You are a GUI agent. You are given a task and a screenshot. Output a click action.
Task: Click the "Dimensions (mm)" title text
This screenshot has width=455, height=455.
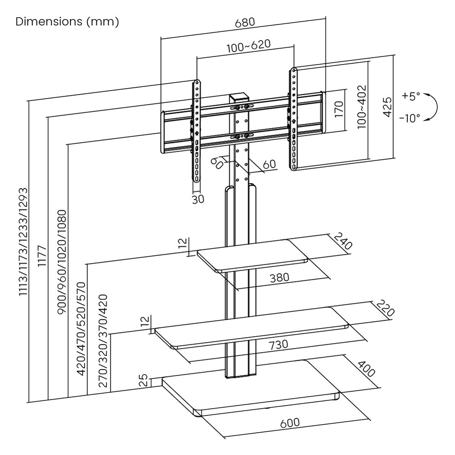pyautogui.click(x=67, y=22)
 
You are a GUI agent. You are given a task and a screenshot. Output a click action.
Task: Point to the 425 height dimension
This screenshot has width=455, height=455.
pyautogui.click(x=387, y=106)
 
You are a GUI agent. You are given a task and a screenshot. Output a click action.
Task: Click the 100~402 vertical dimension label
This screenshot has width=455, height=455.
pyautogui.click(x=362, y=106)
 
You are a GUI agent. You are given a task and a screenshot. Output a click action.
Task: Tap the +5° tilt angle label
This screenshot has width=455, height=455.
pyautogui.click(x=411, y=96)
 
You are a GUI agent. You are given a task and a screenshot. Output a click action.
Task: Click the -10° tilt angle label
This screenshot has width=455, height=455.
pyautogui.click(x=409, y=118)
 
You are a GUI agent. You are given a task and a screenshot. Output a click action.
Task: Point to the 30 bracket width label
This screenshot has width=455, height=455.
pyautogui.click(x=198, y=199)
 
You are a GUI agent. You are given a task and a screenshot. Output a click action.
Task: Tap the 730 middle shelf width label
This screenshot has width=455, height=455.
pyautogui.click(x=278, y=344)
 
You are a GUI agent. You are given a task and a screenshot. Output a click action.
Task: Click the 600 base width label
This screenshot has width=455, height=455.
pyautogui.click(x=289, y=422)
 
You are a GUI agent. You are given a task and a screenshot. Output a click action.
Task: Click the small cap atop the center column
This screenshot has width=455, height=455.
pyautogui.click(x=238, y=98)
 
